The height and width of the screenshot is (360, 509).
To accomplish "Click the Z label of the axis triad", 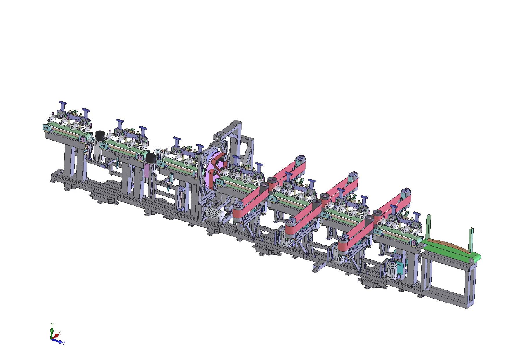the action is coord(64,344).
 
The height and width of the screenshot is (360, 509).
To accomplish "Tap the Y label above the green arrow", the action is coord(52,324).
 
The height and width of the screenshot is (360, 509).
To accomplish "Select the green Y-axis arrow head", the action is coord(52,330).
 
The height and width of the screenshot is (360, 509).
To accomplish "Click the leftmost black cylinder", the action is coord(100,135).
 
